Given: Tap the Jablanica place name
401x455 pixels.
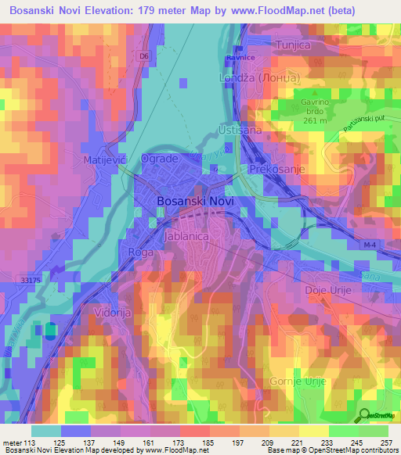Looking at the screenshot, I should tap(185, 234).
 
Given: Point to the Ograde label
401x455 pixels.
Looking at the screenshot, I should tap(160, 159).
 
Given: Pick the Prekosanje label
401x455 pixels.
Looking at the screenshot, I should tap(275, 169).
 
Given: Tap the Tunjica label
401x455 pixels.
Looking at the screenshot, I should tap(293, 45).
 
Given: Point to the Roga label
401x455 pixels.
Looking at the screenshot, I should tap(140, 253).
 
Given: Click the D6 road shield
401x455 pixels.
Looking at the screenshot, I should tap(143, 57).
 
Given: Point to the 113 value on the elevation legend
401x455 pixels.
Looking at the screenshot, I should tap(31, 442).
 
